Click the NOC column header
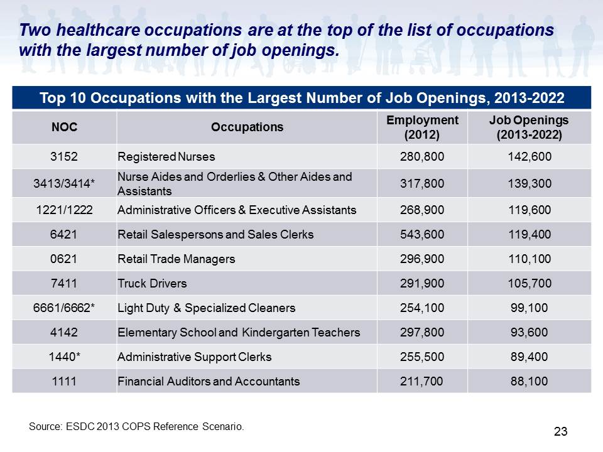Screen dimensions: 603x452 click(64, 127)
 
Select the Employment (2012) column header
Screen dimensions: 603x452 click(422, 127)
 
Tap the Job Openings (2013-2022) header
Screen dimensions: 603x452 click(529, 127)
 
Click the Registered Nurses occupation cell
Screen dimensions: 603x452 click(166, 156)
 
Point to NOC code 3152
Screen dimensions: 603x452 click(64, 156)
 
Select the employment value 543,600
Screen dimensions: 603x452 click(422, 234)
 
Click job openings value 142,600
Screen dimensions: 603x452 click(530, 156)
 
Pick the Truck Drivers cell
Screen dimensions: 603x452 click(152, 283)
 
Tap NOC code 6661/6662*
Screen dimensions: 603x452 click(64, 308)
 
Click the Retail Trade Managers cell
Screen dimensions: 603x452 click(176, 259)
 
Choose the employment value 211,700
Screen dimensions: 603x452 click(421, 381)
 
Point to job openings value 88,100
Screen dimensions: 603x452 click(529, 381)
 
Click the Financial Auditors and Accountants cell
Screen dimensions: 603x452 click(209, 381)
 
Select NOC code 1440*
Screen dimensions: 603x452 click(64, 357)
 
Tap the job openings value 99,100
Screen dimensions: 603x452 click(529, 308)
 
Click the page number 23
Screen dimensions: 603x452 click(561, 431)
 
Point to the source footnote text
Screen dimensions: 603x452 click(136, 426)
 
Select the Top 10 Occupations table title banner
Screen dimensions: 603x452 click(301, 98)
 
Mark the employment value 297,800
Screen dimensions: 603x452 click(422, 332)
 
